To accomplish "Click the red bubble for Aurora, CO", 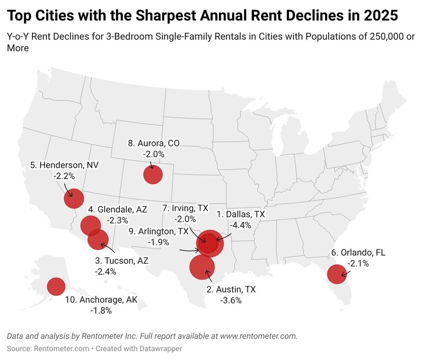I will (153, 174).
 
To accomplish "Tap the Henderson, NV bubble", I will (74, 199).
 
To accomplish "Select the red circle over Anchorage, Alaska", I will (56, 287).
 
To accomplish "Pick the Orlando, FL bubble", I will (337, 274).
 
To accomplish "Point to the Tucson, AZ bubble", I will (98, 239).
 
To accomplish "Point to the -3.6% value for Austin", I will (231, 300).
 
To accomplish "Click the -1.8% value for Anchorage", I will (101, 311).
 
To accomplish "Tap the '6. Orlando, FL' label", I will (358, 252).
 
